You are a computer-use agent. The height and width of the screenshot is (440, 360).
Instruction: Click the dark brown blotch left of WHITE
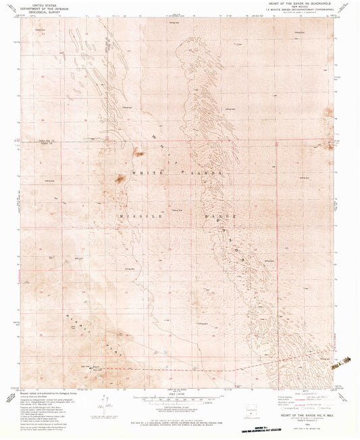click(120, 180)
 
